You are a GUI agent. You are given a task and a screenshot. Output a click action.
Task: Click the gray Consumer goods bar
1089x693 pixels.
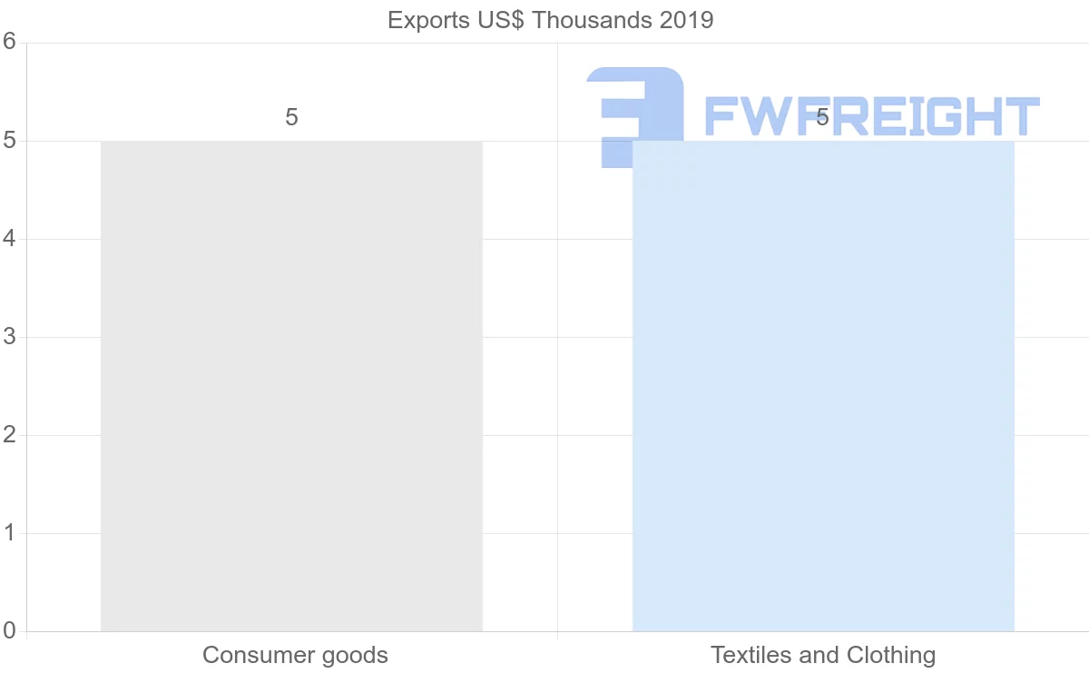[x=291, y=386]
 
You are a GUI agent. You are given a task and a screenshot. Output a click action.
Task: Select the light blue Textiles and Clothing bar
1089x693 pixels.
[x=823, y=386]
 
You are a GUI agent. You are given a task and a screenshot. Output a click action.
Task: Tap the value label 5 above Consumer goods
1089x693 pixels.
[x=291, y=117]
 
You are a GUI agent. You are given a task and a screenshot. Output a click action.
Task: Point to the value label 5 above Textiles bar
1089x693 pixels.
[x=822, y=117]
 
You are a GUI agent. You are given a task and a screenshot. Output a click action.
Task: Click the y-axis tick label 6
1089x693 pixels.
[x=10, y=42]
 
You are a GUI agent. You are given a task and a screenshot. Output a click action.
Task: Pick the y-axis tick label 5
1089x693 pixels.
[x=10, y=141]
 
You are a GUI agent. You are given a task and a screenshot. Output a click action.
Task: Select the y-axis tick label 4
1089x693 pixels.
[x=10, y=239]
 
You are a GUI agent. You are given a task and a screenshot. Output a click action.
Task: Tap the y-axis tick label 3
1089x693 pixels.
[x=10, y=337]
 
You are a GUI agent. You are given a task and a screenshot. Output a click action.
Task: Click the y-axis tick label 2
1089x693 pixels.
[x=10, y=435]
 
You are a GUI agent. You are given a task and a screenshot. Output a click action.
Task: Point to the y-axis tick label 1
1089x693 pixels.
[x=10, y=533]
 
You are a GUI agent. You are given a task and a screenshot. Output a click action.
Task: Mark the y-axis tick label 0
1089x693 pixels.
[x=10, y=631]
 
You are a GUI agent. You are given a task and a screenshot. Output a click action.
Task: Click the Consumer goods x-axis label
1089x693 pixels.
[x=295, y=655]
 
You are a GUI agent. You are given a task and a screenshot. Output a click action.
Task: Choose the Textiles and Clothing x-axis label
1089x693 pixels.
[x=823, y=655]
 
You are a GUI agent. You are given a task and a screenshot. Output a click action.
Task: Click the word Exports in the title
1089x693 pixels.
[x=425, y=20]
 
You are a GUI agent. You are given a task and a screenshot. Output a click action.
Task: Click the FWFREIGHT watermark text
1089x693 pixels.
[x=871, y=116]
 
